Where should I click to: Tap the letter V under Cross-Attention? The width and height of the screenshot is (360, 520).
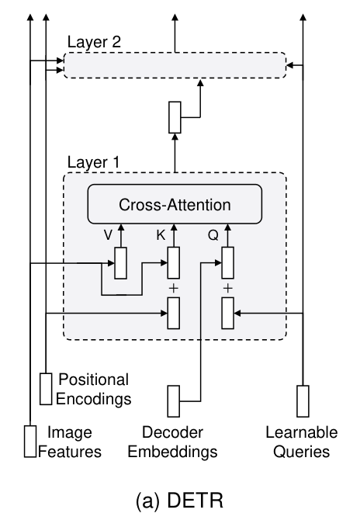pos(108,235)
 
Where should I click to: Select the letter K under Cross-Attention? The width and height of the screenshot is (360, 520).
pos(161,235)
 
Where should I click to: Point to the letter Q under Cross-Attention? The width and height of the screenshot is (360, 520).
pos(213,235)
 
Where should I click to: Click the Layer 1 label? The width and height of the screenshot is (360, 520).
pos(93,162)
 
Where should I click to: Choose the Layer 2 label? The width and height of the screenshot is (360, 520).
pos(94,42)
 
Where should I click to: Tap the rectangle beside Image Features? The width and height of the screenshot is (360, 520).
pos(30,442)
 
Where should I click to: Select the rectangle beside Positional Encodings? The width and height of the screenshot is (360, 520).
pos(46,389)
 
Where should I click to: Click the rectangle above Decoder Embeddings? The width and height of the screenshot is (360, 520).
pos(174,401)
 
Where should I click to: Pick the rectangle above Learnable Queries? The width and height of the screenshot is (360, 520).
pos(303,401)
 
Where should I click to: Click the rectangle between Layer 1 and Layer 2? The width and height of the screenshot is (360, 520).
pos(175,117)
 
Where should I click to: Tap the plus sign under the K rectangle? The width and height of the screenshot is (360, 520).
pos(173,288)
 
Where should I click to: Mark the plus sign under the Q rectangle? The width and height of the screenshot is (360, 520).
pos(228,288)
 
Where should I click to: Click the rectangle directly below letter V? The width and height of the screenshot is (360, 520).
pos(121,263)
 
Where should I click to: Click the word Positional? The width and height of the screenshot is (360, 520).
pos(93,380)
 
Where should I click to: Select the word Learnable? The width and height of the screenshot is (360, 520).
pos(302,432)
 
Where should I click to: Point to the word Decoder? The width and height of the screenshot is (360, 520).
pos(172,432)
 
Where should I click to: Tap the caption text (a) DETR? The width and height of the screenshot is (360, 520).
pos(180,501)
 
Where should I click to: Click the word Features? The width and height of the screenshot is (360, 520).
pos(70,452)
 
